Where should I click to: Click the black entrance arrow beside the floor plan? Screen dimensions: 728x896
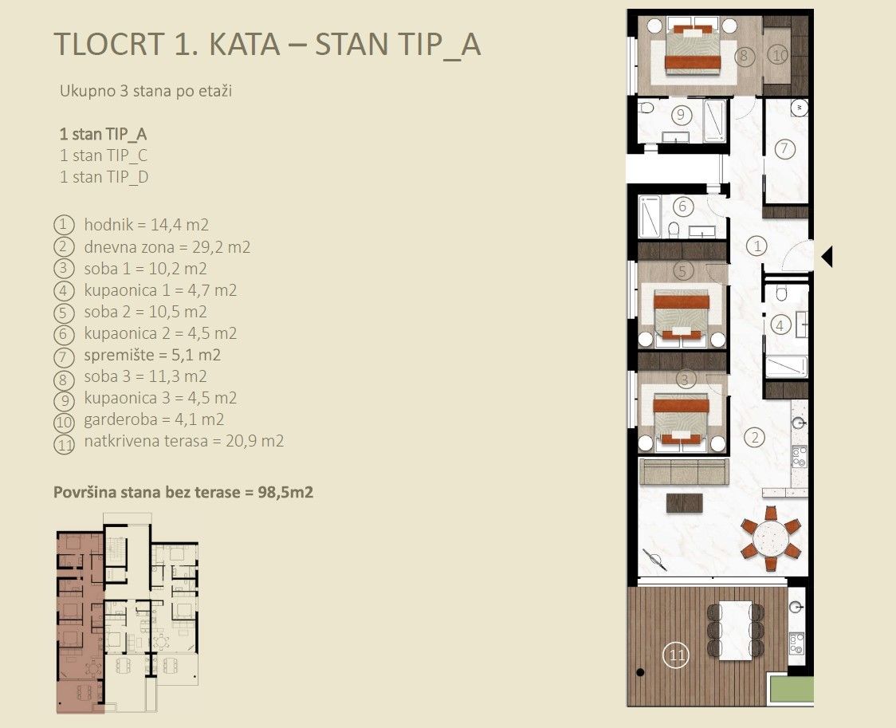pyautogui.click(x=827, y=257)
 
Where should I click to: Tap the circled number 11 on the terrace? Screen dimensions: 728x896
pyautogui.click(x=676, y=656)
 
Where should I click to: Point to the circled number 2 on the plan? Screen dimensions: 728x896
pyautogui.click(x=755, y=436)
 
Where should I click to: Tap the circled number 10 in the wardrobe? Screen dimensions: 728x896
pyautogui.click(x=778, y=55)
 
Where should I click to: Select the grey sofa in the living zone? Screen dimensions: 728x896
pyautogui.click(x=684, y=471)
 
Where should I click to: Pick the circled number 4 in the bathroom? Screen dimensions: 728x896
pyautogui.click(x=782, y=325)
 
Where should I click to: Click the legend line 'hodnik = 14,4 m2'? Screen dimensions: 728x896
pyautogui.click(x=146, y=226)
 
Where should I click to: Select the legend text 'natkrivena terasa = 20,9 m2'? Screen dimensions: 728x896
pyautogui.click(x=183, y=441)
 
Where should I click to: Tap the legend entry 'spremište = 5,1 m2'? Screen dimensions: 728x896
pyautogui.click(x=152, y=355)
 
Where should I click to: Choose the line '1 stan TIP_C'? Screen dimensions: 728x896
pyautogui.click(x=104, y=155)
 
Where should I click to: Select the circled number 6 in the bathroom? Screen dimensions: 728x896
pyautogui.click(x=682, y=206)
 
